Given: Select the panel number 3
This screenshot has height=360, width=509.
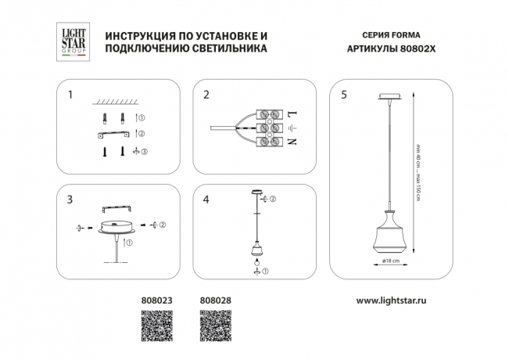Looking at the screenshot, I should pos(70,200).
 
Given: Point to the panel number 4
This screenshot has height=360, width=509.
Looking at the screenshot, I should pos(206,200).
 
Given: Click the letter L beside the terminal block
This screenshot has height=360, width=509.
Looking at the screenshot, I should pos(293,114).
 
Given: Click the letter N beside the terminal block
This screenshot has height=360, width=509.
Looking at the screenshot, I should pos(293,142).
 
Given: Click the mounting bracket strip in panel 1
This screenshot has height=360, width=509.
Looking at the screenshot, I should pos(113,135).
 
